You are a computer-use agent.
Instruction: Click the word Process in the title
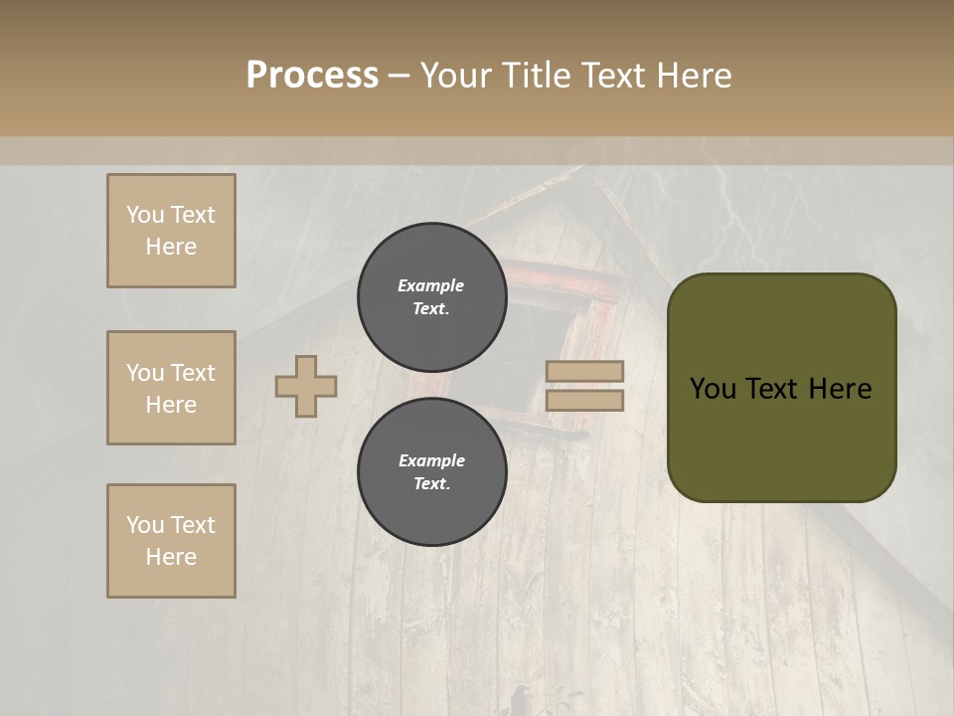(x=312, y=76)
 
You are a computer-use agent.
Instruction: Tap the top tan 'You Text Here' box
(x=171, y=231)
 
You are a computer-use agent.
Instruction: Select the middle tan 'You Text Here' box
(x=171, y=388)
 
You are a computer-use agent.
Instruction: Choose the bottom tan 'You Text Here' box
(x=171, y=541)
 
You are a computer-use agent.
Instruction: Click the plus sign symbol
(x=306, y=386)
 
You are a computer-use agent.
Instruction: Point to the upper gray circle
(x=431, y=296)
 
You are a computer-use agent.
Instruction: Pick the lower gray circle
(x=431, y=471)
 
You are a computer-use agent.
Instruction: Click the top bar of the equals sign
(x=584, y=371)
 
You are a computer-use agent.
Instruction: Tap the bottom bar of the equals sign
(x=584, y=400)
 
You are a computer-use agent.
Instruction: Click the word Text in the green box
(x=772, y=388)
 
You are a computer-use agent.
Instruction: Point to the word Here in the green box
(x=841, y=388)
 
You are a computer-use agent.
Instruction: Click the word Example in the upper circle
(x=431, y=285)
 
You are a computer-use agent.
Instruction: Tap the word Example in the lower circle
(x=431, y=460)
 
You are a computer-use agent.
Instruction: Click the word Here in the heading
(x=694, y=76)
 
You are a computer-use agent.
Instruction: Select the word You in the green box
(x=712, y=388)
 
